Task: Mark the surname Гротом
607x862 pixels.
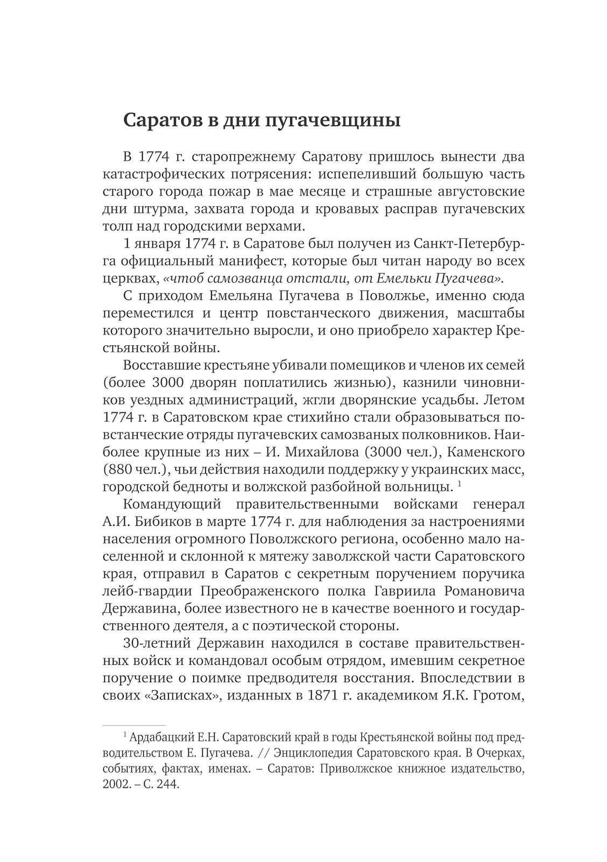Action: tap(498, 696)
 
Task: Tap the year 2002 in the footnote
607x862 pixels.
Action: tap(114, 784)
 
